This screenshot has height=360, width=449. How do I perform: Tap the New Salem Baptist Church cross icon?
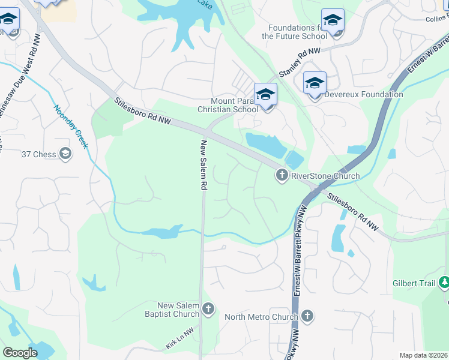point(208,310)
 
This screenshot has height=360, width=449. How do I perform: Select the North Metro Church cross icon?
point(307,316)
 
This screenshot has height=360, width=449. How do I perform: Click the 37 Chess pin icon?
point(65,154)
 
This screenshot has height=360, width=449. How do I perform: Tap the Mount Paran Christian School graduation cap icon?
point(265,95)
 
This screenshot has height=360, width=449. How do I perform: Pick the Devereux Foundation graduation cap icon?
point(315,83)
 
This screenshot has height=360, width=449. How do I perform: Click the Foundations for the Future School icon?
point(333,21)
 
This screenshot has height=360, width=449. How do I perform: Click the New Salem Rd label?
point(203,166)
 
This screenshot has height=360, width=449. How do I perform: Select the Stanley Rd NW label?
point(300,64)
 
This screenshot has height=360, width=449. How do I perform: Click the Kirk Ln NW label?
point(179,339)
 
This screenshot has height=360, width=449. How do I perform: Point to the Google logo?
point(20,353)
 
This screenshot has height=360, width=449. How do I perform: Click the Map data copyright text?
point(424,355)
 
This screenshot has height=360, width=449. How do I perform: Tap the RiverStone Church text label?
point(325,176)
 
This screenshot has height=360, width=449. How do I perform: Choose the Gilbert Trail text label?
point(414,283)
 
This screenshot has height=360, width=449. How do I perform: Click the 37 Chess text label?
point(38,154)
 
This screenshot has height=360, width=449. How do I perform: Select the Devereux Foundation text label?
point(364,94)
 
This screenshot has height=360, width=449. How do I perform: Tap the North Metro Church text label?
point(261,317)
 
